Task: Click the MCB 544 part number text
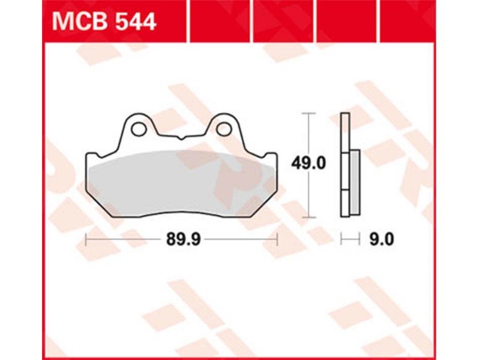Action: tap(104, 22)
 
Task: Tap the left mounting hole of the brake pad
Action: tap(138, 129)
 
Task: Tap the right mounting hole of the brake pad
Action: tap(223, 129)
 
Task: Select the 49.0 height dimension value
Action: tap(308, 163)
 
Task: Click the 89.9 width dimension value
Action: tap(184, 239)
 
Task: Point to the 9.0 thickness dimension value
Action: tap(381, 239)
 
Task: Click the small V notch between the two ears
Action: tap(181, 138)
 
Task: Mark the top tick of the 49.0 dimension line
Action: tap(308, 113)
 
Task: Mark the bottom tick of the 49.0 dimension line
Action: tap(308, 218)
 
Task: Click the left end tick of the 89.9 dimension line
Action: tap(87, 239)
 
